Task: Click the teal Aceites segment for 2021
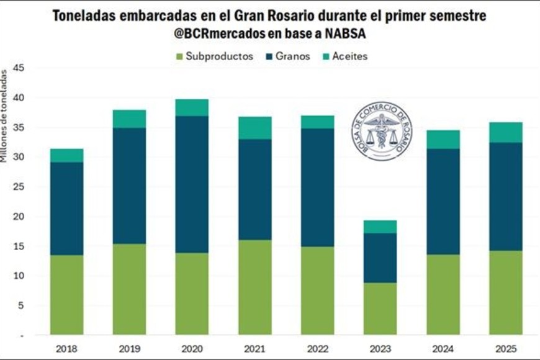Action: (x=255, y=128)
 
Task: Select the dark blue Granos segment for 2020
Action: (x=192, y=184)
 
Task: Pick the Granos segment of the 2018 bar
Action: (x=67, y=209)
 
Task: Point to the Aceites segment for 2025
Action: (x=506, y=132)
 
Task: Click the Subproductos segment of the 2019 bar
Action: (x=130, y=289)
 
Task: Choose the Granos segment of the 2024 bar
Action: (x=444, y=202)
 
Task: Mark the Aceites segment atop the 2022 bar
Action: (x=318, y=122)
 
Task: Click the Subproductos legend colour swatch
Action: (x=179, y=56)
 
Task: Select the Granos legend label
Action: (x=293, y=56)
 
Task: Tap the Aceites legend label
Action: (x=349, y=56)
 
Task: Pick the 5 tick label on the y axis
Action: (x=20, y=305)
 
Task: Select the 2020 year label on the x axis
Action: (x=192, y=348)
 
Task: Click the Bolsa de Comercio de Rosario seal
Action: (x=381, y=131)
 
